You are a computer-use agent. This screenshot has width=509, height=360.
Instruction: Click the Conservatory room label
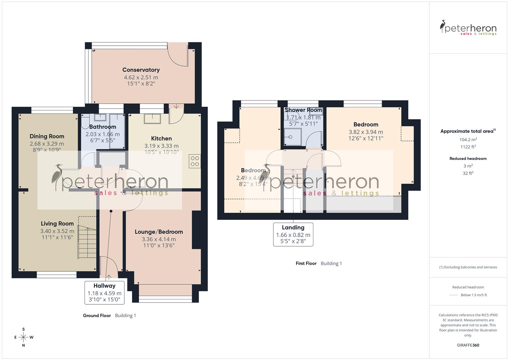[141, 70]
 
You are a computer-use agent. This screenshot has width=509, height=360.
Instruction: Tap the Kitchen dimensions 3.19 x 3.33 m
[161, 146]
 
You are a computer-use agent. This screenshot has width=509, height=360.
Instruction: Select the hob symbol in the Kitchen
[195, 161]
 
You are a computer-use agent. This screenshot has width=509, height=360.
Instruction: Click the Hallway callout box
[104, 292]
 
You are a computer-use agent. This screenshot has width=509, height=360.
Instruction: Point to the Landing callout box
[293, 234]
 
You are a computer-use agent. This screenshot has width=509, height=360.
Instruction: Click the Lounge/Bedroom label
[159, 232]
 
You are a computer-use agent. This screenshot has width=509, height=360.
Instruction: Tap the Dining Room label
[47, 136]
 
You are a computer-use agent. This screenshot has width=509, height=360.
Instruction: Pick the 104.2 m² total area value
[468, 140]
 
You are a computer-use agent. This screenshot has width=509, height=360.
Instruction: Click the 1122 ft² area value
[468, 147]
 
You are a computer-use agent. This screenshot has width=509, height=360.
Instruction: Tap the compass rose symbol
[23, 337]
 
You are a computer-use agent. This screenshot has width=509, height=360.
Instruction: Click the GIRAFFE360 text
[468, 345]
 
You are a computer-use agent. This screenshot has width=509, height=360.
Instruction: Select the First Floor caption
[306, 263]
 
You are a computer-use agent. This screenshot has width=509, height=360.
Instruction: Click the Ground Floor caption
[97, 315]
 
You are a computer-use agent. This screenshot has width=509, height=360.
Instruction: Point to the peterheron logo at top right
[468, 28]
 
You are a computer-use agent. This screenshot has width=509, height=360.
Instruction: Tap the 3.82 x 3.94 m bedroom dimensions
[366, 132]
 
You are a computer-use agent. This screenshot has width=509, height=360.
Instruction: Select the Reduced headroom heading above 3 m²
[468, 158]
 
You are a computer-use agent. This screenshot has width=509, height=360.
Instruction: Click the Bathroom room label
[102, 127]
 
